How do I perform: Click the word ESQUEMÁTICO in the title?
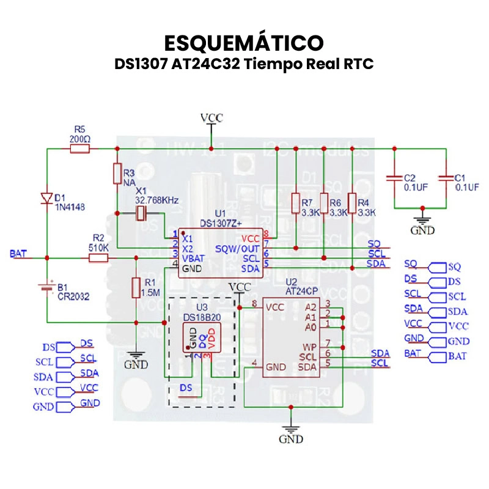(x=244, y=43)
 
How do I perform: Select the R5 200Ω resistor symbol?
(x=80, y=149)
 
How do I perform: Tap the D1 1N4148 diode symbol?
(x=46, y=197)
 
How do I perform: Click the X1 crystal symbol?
(x=141, y=213)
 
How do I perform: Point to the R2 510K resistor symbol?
(x=98, y=258)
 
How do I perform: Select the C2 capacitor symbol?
(x=394, y=178)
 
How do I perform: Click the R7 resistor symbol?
(x=296, y=202)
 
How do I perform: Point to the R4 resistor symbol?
(x=351, y=202)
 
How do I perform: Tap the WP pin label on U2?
(x=310, y=346)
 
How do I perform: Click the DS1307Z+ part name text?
(x=221, y=223)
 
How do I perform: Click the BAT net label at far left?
(x=19, y=253)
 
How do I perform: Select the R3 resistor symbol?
(x=117, y=174)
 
